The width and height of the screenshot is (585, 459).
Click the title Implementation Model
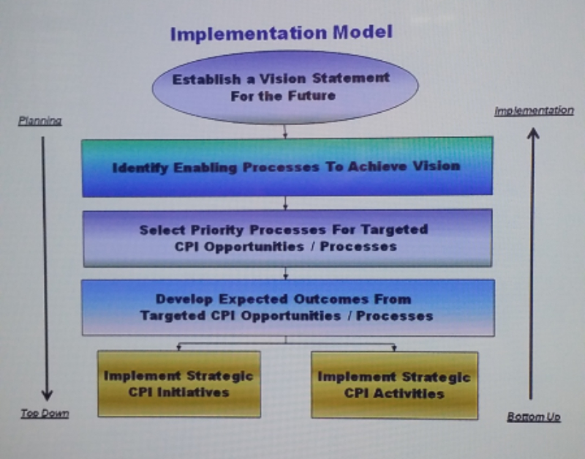(x=282, y=33)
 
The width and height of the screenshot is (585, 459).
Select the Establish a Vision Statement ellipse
(x=285, y=87)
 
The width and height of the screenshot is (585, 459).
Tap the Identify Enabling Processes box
(x=287, y=167)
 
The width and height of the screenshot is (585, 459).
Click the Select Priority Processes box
(x=287, y=238)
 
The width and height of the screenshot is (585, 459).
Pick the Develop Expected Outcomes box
(x=287, y=307)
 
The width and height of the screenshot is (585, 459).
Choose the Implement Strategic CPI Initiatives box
(x=178, y=384)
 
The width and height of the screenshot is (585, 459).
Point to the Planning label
(x=39, y=121)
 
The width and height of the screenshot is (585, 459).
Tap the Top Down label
(x=45, y=414)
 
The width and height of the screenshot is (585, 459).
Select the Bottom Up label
(x=533, y=417)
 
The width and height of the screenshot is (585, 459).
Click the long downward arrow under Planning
(x=45, y=264)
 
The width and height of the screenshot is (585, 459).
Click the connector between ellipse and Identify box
(x=285, y=130)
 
